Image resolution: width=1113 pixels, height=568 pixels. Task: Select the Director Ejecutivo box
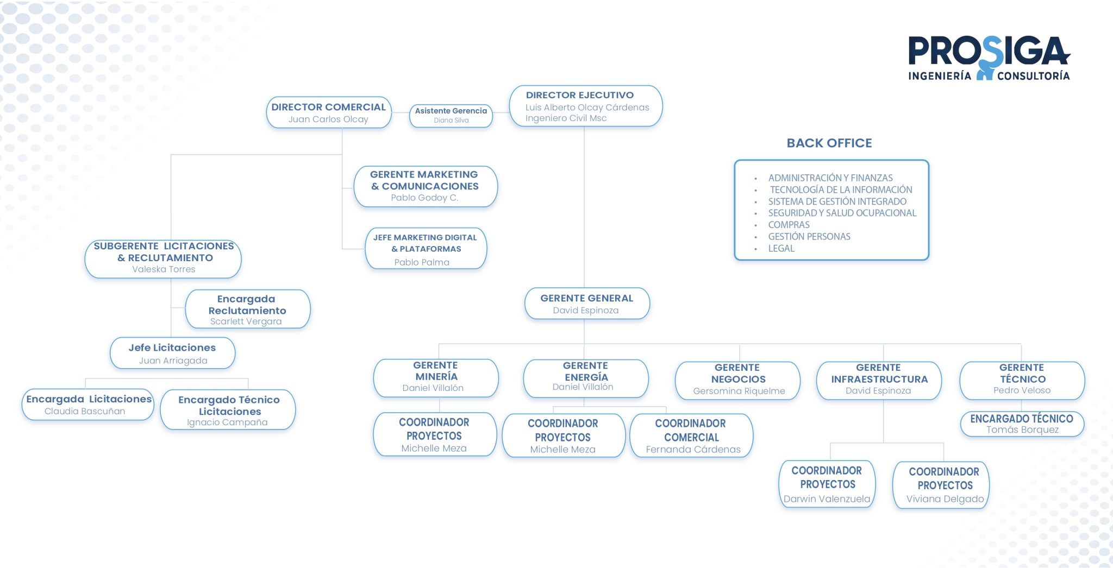pyautogui.click(x=586, y=106)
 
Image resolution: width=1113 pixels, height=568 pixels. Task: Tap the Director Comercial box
pyautogui.click(x=329, y=112)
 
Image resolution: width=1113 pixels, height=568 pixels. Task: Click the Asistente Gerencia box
pyautogui.click(x=451, y=116)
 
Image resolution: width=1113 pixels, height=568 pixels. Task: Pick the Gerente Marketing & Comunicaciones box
pyautogui.click(x=426, y=186)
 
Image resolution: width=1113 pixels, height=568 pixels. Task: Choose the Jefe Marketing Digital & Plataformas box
pyautogui.click(x=426, y=249)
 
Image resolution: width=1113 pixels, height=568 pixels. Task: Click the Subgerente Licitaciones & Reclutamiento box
pyautogui.click(x=163, y=258)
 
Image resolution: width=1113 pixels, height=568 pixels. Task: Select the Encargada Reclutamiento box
pyautogui.click(x=248, y=309)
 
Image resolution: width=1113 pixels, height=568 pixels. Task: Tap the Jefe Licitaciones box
pyautogui.click(x=173, y=353)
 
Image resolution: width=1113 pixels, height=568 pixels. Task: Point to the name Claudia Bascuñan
pyautogui.click(x=85, y=411)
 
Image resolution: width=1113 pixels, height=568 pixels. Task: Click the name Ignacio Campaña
pyautogui.click(x=227, y=422)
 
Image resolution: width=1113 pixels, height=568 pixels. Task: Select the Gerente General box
pyautogui.click(x=587, y=304)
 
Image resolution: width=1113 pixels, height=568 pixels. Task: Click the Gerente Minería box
pyautogui.click(x=436, y=378)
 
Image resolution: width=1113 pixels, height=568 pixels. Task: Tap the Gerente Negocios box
pyautogui.click(x=737, y=381)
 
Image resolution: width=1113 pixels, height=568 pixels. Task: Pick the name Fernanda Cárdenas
pyautogui.click(x=693, y=449)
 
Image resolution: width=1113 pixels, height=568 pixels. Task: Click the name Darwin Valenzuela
pyautogui.click(x=827, y=498)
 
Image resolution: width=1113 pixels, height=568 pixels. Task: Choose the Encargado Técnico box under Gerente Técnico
pyautogui.click(x=1022, y=424)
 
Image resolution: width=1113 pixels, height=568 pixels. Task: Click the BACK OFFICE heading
pyautogui.click(x=829, y=143)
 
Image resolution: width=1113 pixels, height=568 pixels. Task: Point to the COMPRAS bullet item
pyautogui.click(x=789, y=225)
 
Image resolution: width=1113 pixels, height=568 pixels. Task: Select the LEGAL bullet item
pyautogui.click(x=781, y=248)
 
